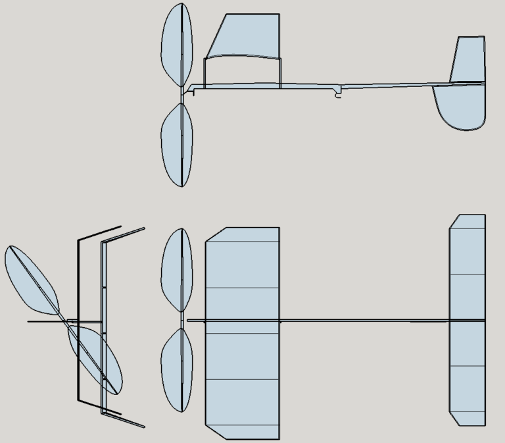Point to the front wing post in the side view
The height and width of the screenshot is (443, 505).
tap(204, 73)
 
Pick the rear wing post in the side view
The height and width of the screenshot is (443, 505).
tap(281, 73)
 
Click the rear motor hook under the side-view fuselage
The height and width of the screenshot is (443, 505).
tap(339, 95)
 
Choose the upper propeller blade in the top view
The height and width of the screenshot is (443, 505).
tap(176, 270)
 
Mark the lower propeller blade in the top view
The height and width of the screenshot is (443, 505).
tap(176, 369)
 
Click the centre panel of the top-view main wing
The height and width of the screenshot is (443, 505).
tap(243, 311)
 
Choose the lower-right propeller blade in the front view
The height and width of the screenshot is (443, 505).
tap(95, 359)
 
